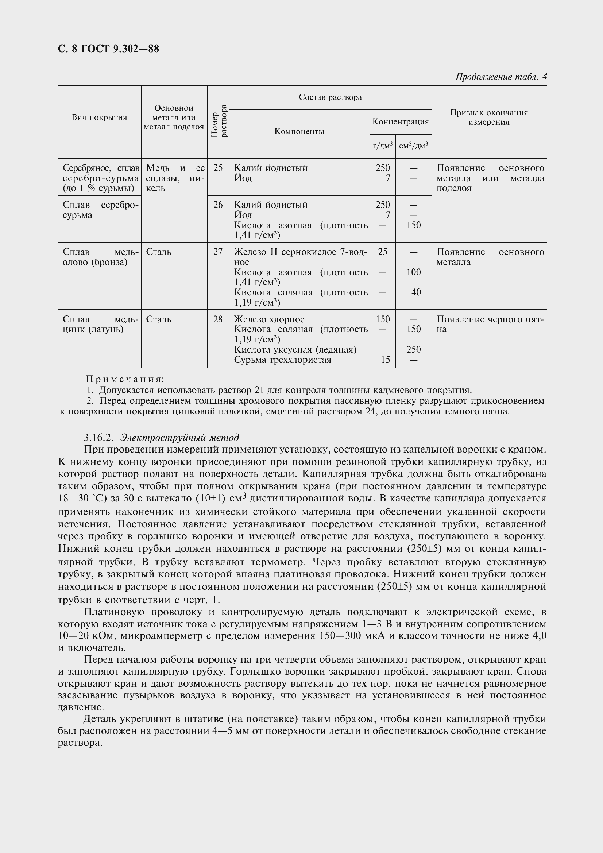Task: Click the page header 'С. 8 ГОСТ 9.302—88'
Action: tap(108, 49)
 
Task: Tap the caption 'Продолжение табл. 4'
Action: tap(501, 77)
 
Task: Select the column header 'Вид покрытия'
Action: tap(99, 117)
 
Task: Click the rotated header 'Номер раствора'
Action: tap(219, 121)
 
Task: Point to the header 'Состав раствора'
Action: tap(330, 97)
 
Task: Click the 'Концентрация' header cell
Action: tap(401, 121)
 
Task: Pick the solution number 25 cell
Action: tap(218, 168)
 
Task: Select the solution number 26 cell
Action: tap(218, 205)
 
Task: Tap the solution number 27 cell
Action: tap(218, 252)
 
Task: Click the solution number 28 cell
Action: tap(218, 319)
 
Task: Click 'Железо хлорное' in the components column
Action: tap(269, 319)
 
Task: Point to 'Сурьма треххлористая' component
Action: tap(283, 360)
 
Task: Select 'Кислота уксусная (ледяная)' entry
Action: tap(295, 350)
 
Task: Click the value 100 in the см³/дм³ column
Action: tap(414, 272)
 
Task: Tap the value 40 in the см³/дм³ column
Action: tap(416, 292)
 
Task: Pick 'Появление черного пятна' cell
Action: tap(490, 324)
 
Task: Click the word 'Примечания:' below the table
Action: tap(125, 379)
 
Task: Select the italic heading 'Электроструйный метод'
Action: tap(180, 437)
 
